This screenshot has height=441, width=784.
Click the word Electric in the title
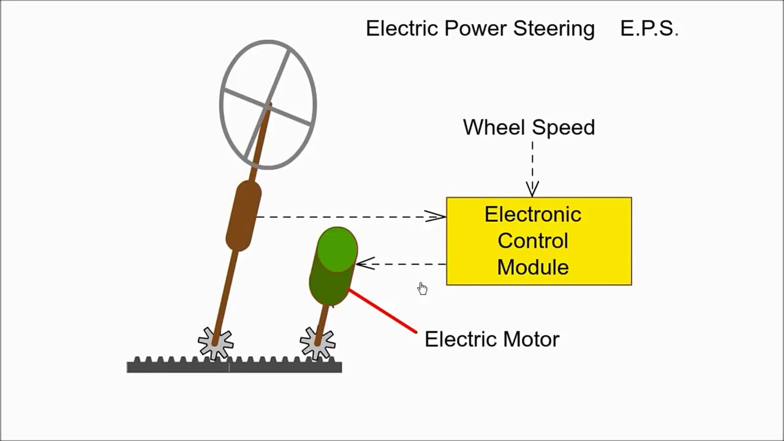point(402,29)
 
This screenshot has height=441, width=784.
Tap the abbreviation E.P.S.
point(649,29)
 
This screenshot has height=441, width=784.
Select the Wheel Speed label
point(529,127)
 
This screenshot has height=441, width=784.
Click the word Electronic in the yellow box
point(532,214)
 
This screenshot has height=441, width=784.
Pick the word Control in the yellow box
point(532,241)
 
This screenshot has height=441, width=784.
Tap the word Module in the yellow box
point(532,267)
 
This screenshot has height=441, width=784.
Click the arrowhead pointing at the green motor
point(364,264)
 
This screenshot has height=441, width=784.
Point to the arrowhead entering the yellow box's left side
point(436,216)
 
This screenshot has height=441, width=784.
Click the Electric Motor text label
point(491,339)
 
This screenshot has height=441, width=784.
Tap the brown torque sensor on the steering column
point(243,216)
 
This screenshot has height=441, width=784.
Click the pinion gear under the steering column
point(216,343)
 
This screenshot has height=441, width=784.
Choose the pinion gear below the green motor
point(317,343)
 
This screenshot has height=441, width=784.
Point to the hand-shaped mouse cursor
point(422,288)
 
